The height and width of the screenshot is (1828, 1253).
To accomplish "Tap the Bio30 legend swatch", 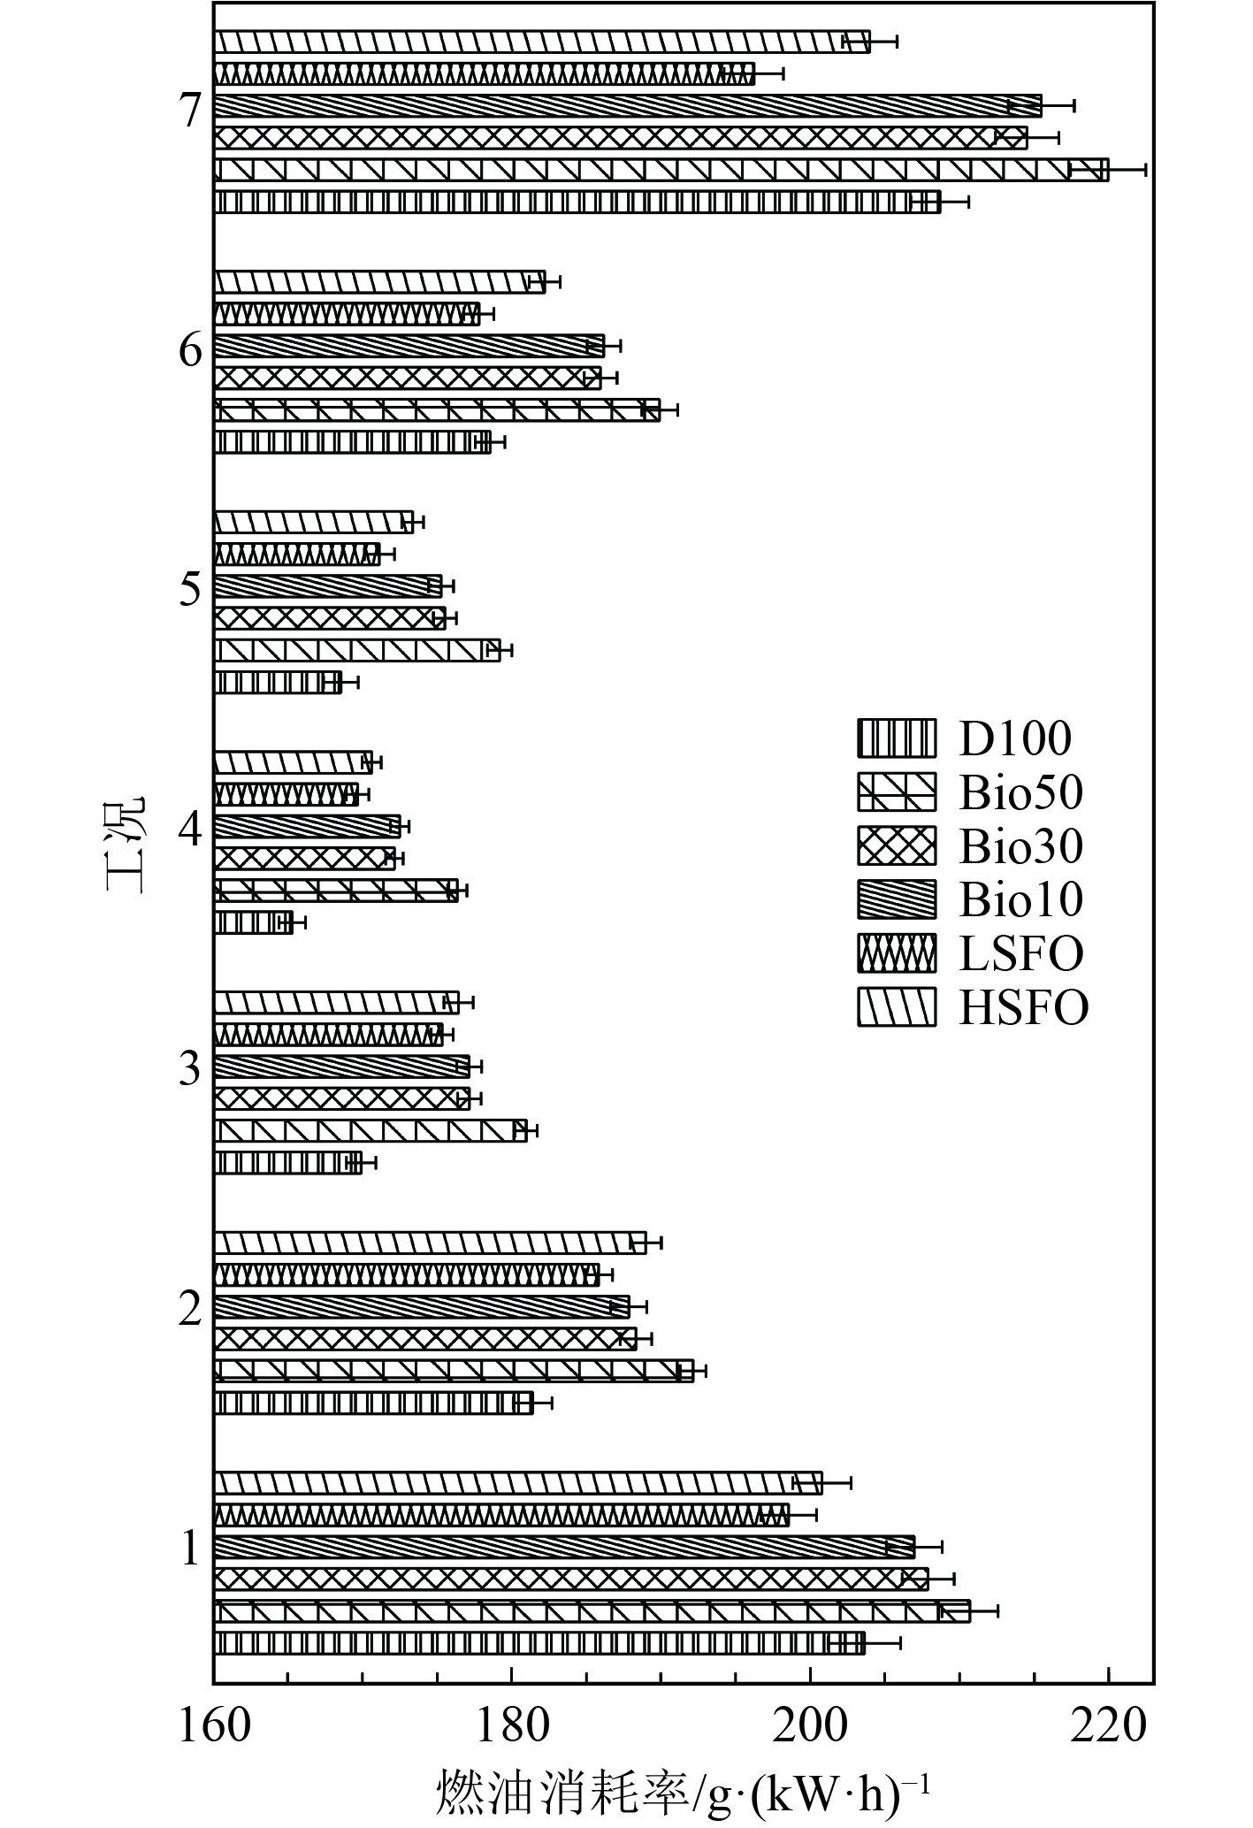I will point(896,846).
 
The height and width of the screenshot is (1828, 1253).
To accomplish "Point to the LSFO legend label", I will point(1021,953).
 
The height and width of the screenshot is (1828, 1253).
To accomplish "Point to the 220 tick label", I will point(1108,1725).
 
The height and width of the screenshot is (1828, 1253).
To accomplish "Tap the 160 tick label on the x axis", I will point(214,1725).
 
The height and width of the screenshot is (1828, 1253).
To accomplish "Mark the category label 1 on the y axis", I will point(191,1549).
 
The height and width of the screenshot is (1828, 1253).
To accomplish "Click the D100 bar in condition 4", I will point(253,922).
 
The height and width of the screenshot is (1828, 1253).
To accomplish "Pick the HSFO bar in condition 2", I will point(430,1243).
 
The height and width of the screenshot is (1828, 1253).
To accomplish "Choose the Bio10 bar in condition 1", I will point(564,1547).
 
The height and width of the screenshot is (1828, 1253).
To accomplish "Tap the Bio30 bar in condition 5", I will point(329,617).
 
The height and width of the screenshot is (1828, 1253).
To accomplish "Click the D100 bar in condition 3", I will point(287,1162).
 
